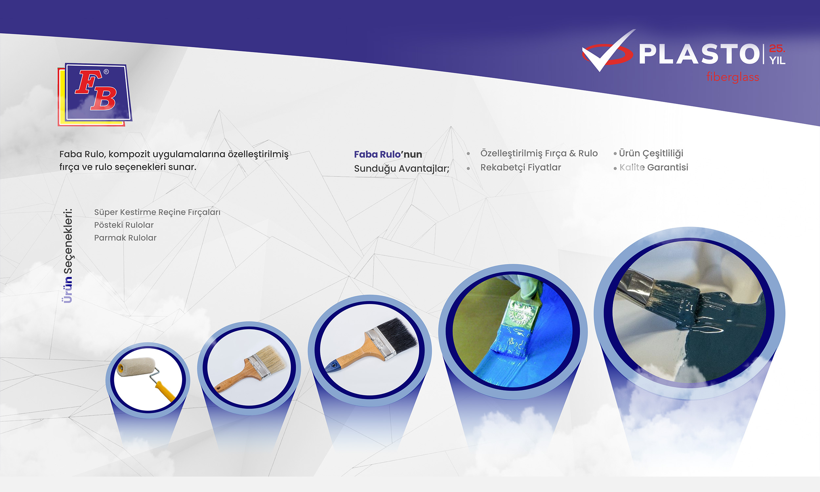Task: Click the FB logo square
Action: click(x=95, y=94)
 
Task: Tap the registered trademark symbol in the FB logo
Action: click(x=106, y=72)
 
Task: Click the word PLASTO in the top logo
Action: click(x=699, y=54)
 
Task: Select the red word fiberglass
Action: click(x=733, y=77)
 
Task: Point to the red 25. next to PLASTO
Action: click(x=777, y=49)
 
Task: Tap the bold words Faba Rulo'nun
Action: click(x=388, y=154)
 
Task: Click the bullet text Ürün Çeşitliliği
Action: click(x=651, y=153)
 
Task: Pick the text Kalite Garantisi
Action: click(x=654, y=167)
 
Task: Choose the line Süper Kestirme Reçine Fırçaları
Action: click(x=157, y=212)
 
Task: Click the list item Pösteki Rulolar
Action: click(x=124, y=225)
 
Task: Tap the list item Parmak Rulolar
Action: click(x=125, y=238)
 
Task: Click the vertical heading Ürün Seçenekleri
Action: click(x=68, y=256)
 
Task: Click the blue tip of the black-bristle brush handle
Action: click(x=332, y=366)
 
